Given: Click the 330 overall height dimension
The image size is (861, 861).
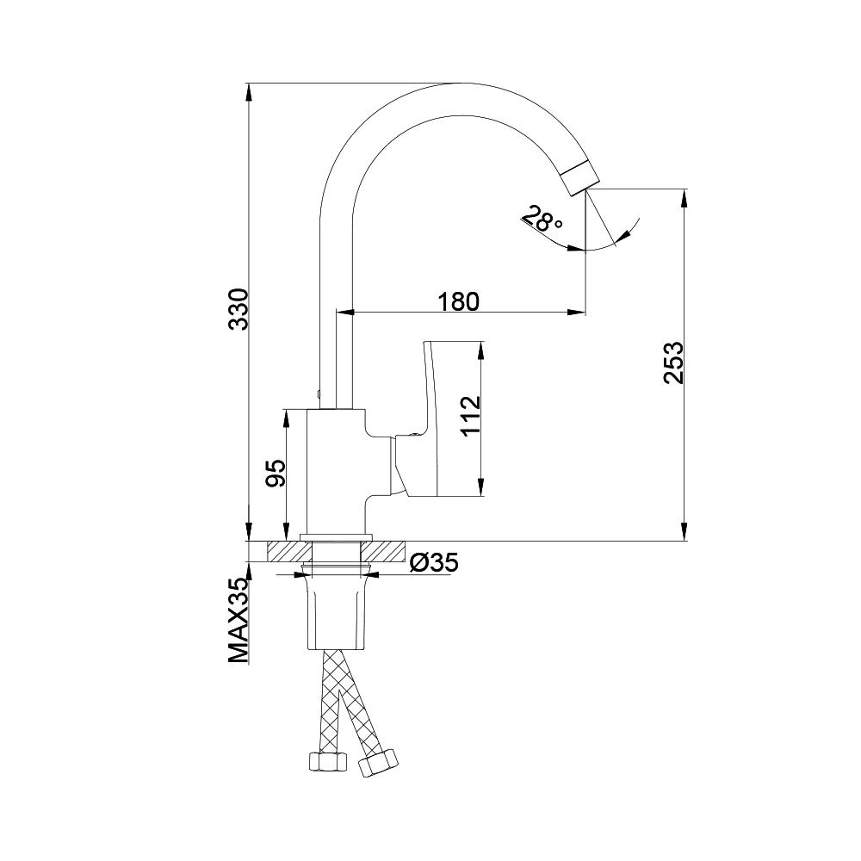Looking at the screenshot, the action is pyautogui.click(x=238, y=308).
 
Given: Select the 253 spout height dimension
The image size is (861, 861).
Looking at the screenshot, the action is pyautogui.click(x=673, y=362).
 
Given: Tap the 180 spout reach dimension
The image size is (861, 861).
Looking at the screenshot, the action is pyautogui.click(x=459, y=301).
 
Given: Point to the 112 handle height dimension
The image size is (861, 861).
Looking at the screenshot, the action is pyautogui.click(x=470, y=415).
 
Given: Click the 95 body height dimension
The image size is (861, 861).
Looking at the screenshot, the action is pyautogui.click(x=276, y=474).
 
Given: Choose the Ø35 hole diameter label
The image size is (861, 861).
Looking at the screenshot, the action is pyautogui.click(x=434, y=561).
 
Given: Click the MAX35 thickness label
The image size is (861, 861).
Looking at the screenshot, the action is pyautogui.click(x=238, y=621).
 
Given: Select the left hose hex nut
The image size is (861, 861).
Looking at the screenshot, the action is pyautogui.click(x=327, y=761).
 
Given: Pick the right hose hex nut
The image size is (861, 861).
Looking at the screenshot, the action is pyautogui.click(x=378, y=763).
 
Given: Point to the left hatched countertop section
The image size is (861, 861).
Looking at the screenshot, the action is pyautogui.click(x=289, y=551).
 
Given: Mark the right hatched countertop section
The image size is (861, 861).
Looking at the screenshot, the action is pyautogui.click(x=383, y=551).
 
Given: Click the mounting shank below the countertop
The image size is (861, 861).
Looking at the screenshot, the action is pyautogui.click(x=336, y=610).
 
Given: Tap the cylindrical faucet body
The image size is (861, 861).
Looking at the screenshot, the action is pyautogui.click(x=336, y=472).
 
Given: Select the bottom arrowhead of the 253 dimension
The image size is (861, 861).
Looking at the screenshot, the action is pyautogui.click(x=684, y=531).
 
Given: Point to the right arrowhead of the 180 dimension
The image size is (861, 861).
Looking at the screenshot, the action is pyautogui.click(x=576, y=313).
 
